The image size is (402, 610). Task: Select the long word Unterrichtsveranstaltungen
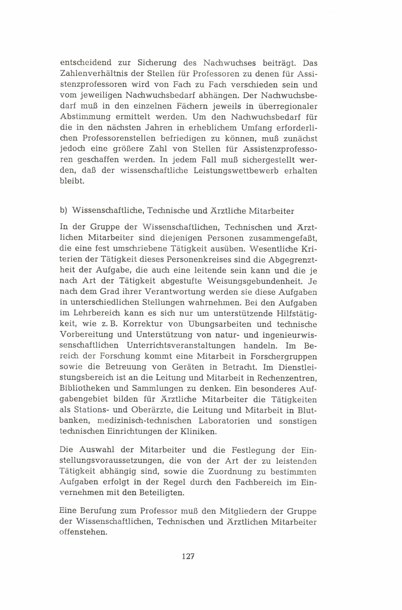pos(181,345)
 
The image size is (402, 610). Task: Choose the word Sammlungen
pos(149,388)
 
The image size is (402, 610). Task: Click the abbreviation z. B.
pos(109,324)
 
